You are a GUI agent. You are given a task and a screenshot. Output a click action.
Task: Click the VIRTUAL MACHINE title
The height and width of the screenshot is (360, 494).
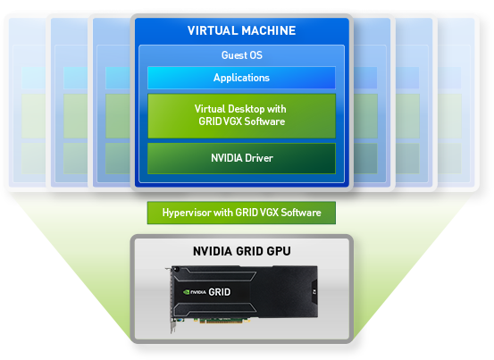click(x=242, y=30)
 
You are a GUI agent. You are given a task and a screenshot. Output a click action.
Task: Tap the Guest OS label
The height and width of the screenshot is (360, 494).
click(x=242, y=55)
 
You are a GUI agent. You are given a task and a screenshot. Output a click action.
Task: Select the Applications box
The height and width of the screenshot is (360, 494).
click(x=242, y=78)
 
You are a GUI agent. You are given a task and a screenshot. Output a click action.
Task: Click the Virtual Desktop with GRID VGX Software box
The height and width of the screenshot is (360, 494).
click(x=242, y=115)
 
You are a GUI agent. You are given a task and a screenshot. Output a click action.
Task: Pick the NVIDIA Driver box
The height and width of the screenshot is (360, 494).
click(x=242, y=158)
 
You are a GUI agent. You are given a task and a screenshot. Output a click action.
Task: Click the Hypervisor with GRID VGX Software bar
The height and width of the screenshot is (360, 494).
click(x=241, y=213)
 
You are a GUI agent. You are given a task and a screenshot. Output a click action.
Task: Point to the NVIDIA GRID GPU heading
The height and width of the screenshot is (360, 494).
click(x=242, y=251)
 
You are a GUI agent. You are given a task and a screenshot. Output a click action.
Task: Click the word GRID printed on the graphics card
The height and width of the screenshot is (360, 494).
click(x=219, y=292)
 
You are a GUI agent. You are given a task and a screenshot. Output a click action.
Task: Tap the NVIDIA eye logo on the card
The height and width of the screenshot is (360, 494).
click(x=186, y=292)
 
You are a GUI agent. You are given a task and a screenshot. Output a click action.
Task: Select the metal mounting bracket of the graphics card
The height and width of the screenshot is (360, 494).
click(x=172, y=300)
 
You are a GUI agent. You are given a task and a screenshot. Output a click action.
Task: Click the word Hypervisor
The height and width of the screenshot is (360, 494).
click(x=187, y=213)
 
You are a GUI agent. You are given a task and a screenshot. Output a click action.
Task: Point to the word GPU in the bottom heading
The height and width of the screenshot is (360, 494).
click(x=279, y=251)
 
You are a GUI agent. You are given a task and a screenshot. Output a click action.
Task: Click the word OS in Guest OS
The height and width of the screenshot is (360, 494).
click(x=255, y=55)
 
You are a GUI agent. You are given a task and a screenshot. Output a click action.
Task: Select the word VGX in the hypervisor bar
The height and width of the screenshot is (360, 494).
click(x=270, y=213)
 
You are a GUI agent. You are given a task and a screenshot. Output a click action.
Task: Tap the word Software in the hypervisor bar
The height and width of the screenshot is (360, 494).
click(x=301, y=213)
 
